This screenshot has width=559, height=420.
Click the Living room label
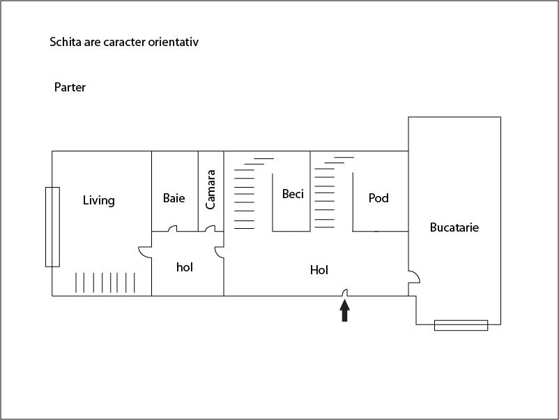(x=99, y=200)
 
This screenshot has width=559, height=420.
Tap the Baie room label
(x=174, y=198)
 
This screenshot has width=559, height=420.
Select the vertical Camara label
(x=210, y=190)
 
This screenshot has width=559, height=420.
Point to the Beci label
(x=293, y=194)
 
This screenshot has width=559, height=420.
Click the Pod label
(x=378, y=197)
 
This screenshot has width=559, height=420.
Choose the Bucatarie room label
(x=454, y=227)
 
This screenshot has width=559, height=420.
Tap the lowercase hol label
(x=185, y=267)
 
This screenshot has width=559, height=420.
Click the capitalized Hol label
(x=319, y=270)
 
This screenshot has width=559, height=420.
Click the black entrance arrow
(x=344, y=310)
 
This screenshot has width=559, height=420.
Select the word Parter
(x=70, y=87)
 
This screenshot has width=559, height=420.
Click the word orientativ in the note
(x=174, y=42)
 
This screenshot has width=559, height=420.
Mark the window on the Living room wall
(x=52, y=227)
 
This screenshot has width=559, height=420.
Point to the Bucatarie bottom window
(x=461, y=325)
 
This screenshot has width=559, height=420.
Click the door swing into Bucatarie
(x=414, y=277)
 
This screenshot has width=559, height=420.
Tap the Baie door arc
(x=173, y=228)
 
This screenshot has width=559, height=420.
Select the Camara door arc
(x=210, y=228)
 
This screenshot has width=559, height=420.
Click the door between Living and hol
(x=145, y=252)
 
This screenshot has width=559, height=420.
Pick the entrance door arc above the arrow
(x=345, y=292)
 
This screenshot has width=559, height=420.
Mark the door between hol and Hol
(x=220, y=252)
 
